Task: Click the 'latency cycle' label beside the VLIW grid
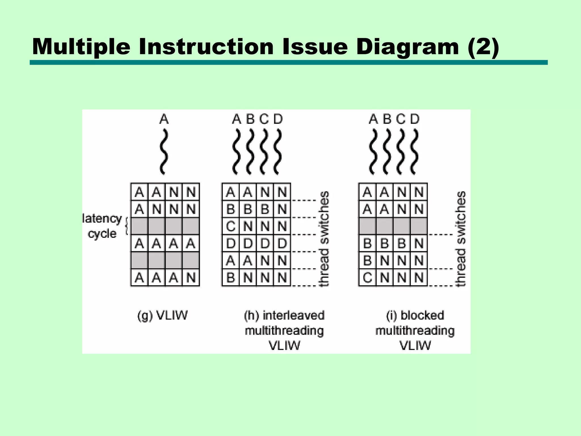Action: coord(102,226)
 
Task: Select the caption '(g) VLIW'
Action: coord(162,315)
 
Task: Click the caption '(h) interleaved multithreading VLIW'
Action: coord(284,330)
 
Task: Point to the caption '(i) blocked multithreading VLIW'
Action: coord(415,330)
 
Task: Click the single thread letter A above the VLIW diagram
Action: coord(164,119)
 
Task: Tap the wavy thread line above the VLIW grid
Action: coord(164,152)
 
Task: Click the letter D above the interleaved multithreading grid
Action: coord(278,119)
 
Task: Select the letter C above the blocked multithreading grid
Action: coord(401,119)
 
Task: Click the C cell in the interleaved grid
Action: coord(231,226)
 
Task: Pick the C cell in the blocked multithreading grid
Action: coord(367,277)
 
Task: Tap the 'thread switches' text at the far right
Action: coord(460,238)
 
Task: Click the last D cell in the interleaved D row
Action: coord(282,243)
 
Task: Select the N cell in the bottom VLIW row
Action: coord(191,277)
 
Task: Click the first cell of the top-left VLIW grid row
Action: coord(139,192)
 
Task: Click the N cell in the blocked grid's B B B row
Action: coord(419,243)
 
